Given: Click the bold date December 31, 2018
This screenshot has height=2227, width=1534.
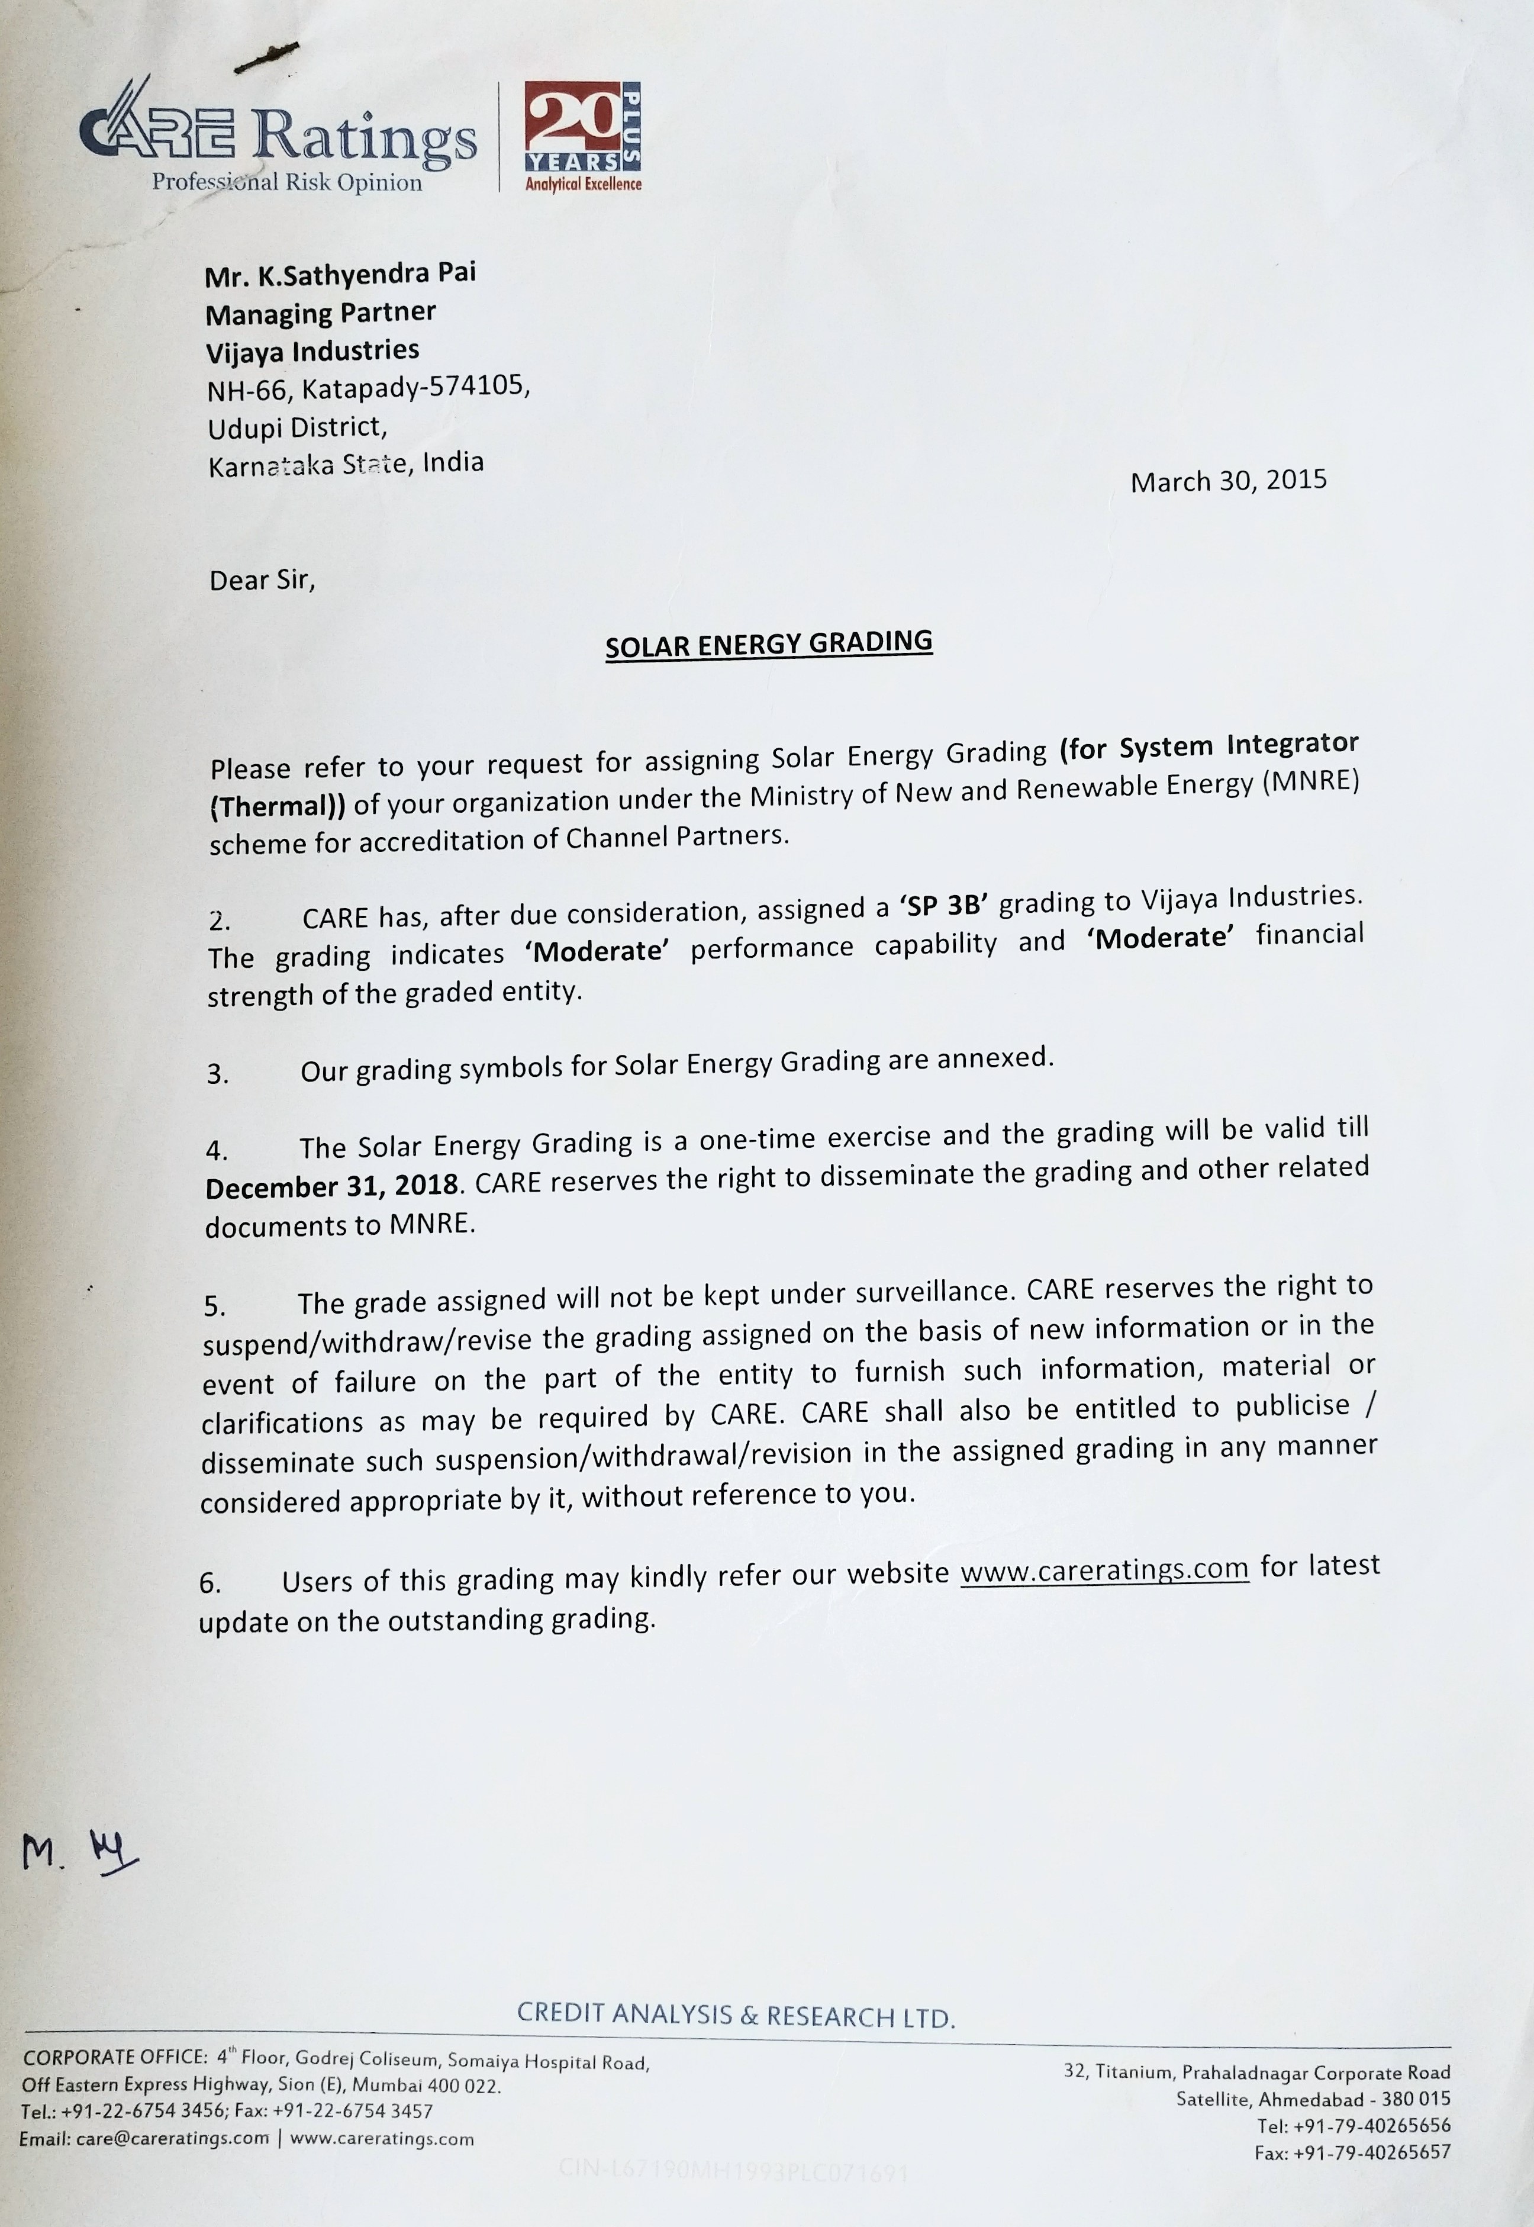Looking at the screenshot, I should click(331, 1185).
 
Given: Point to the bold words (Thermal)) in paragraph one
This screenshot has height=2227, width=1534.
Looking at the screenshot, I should click(277, 806).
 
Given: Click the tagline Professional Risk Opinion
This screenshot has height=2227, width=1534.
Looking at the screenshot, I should click(286, 182).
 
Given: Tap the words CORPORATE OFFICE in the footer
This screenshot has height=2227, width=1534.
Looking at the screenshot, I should click(114, 2057).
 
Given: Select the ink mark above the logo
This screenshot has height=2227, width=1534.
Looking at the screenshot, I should click(266, 57).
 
